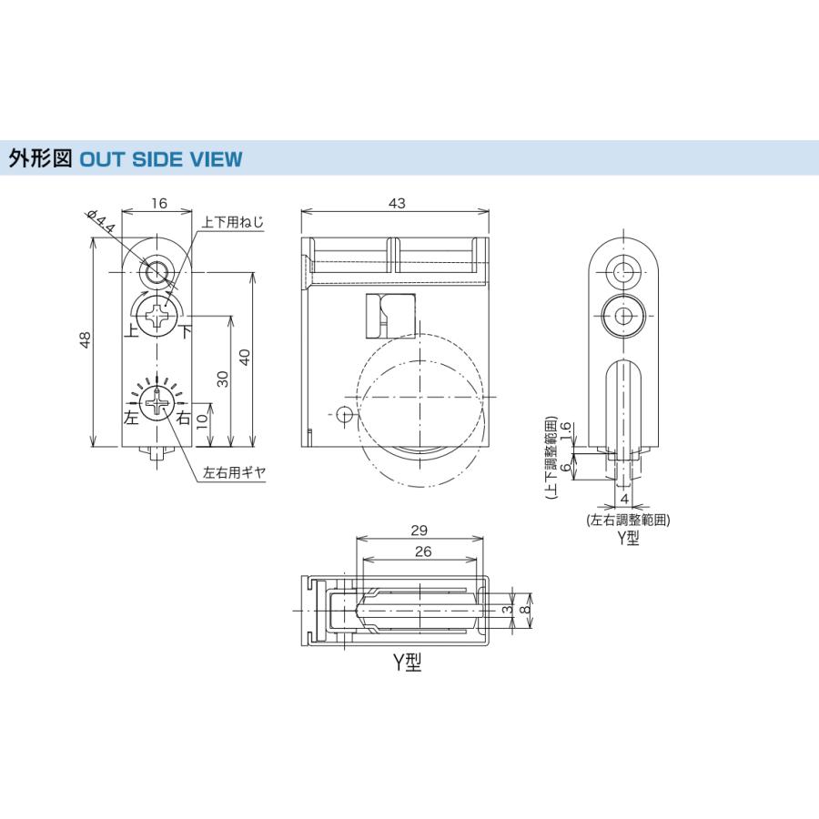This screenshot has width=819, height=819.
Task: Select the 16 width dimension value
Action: tap(159, 203)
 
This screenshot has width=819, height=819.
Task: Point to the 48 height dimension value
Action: tap(84, 341)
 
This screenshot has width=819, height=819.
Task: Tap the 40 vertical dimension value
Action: tap(243, 357)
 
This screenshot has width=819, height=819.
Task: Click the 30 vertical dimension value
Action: tap(222, 379)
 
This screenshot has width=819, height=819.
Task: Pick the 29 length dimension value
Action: tap(420, 531)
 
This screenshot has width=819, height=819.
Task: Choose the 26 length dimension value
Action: tap(420, 551)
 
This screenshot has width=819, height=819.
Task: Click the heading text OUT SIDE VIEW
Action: tap(161, 159)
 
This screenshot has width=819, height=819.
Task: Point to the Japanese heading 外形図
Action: tap(40, 159)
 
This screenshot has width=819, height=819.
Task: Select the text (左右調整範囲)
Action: tap(629, 521)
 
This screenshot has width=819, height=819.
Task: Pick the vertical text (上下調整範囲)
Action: tap(551, 460)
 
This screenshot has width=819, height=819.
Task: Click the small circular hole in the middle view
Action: tap(343, 415)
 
